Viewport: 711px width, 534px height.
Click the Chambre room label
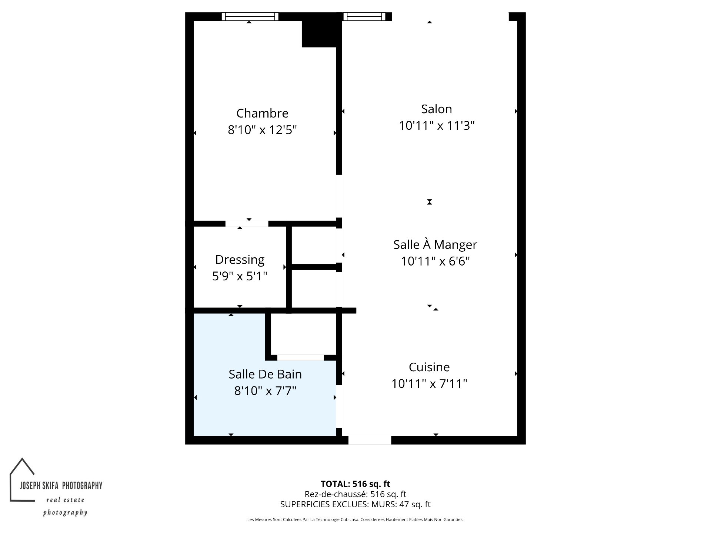(262, 113)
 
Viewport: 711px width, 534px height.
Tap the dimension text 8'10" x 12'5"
(262, 130)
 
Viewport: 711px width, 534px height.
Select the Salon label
(437, 109)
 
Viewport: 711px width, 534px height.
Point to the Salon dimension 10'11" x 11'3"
(437, 126)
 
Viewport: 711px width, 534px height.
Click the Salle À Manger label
(435, 244)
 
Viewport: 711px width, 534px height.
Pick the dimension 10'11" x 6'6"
(435, 261)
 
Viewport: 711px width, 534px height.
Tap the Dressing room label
(240, 260)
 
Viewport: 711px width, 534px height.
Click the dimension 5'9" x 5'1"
(240, 276)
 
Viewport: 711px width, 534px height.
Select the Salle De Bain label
(265, 374)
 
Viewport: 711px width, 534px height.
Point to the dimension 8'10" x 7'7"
(265, 391)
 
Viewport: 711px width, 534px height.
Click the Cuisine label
(429, 367)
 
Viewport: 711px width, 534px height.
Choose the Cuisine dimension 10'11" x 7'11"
(429, 383)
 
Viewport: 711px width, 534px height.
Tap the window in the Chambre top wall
(250, 16)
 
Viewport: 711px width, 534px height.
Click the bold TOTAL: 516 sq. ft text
(355, 484)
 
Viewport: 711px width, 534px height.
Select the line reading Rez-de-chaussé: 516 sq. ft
(355, 494)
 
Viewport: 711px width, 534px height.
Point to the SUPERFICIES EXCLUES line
(355, 504)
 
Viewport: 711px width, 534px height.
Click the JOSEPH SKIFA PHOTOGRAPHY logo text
(61, 485)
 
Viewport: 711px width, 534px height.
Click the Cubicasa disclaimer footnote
(355, 520)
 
